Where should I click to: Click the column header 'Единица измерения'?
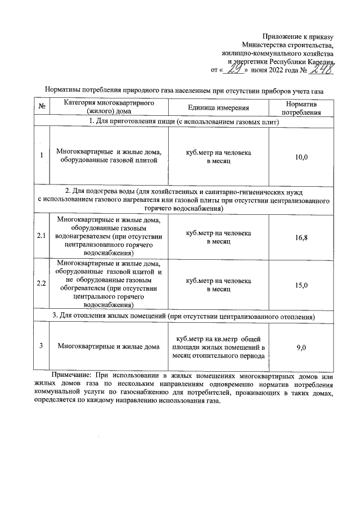coord(218,108)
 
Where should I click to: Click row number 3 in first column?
coord(42,347)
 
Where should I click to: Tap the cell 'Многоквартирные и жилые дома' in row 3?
coord(109,347)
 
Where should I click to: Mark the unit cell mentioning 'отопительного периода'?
coord(218,347)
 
